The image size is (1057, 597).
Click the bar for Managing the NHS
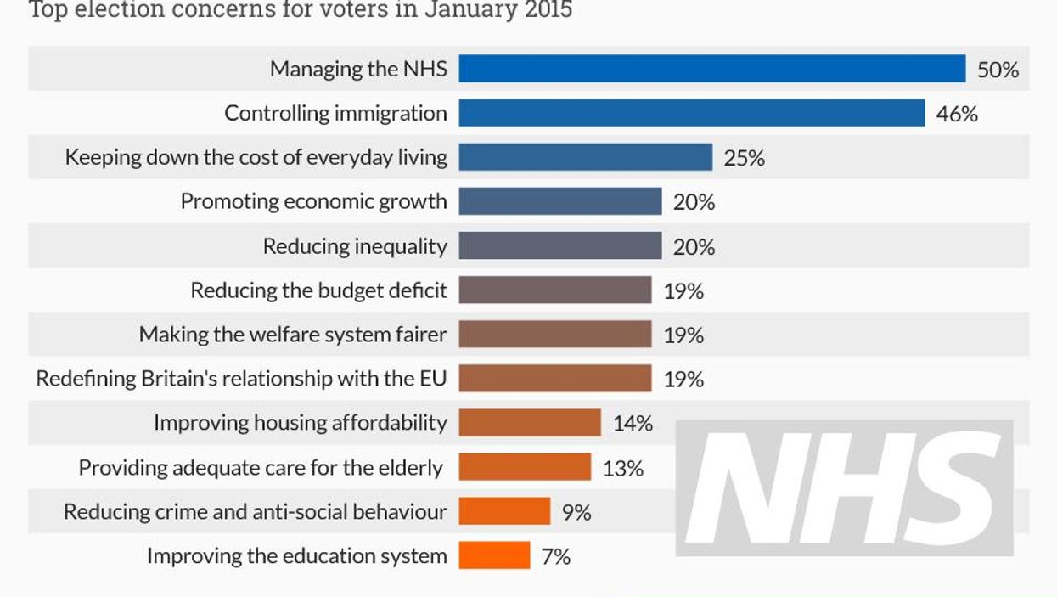tap(711, 69)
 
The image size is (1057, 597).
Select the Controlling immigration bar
tap(691, 113)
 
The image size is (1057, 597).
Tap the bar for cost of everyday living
tap(585, 157)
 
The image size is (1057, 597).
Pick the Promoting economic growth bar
tap(559, 201)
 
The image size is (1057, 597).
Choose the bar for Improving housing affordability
tap(529, 422)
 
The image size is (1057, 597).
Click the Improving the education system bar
tap(494, 556)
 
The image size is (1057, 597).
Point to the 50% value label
tap(998, 70)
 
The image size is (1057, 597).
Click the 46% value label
tap(957, 114)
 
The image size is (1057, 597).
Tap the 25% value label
tap(745, 158)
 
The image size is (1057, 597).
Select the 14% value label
tap(633, 423)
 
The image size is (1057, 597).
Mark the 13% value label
tap(622, 468)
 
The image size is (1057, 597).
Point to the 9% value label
tap(576, 512)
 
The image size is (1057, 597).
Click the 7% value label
tap(556, 557)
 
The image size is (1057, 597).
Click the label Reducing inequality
tap(355, 246)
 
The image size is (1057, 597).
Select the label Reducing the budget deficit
tap(318, 290)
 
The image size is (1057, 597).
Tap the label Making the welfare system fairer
tap(293, 335)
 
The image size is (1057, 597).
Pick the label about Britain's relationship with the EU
tap(241, 379)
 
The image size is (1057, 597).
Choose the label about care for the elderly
tap(261, 468)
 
